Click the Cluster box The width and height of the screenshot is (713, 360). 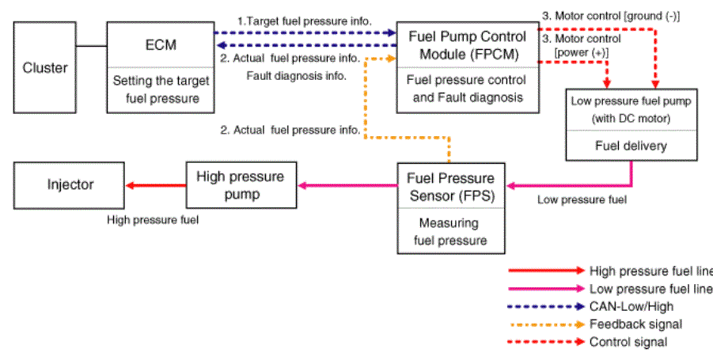pyautogui.click(x=44, y=67)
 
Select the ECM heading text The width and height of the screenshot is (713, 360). pyautogui.click(x=161, y=45)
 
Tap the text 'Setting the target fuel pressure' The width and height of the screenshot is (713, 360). pyautogui.click(x=161, y=89)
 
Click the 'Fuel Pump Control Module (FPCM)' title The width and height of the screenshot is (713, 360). pyautogui.click(x=468, y=45)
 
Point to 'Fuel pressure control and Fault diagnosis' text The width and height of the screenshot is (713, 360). pyautogui.click(x=468, y=88)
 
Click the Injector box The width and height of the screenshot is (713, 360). pyautogui.click(x=69, y=185)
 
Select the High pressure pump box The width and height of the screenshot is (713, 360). pyautogui.click(x=241, y=185)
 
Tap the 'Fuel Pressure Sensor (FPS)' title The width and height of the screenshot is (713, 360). pyautogui.click(x=450, y=187)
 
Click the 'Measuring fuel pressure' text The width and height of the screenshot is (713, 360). pyautogui.click(x=450, y=231)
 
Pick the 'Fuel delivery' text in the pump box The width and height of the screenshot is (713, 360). pyautogui.click(x=631, y=146)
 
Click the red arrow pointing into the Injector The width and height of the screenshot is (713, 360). pyautogui.click(x=156, y=185)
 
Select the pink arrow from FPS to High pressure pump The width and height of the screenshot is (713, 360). pyautogui.click(x=347, y=185)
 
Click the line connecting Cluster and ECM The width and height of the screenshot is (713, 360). pyautogui.click(x=91, y=46)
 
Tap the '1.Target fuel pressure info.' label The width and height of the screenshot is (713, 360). pyautogui.click(x=305, y=21)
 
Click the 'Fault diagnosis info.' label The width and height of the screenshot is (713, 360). pyautogui.click(x=297, y=76)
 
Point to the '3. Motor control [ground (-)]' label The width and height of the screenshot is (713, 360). pyautogui.click(x=611, y=17)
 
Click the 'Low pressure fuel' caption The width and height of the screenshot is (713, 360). pyautogui.click(x=582, y=199)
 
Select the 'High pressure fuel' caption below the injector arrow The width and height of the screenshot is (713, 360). pyautogui.click(x=153, y=220)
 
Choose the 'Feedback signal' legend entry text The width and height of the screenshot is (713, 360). pyautogui.click(x=635, y=324)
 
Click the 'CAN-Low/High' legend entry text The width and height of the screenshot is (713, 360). pyautogui.click(x=631, y=306)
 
